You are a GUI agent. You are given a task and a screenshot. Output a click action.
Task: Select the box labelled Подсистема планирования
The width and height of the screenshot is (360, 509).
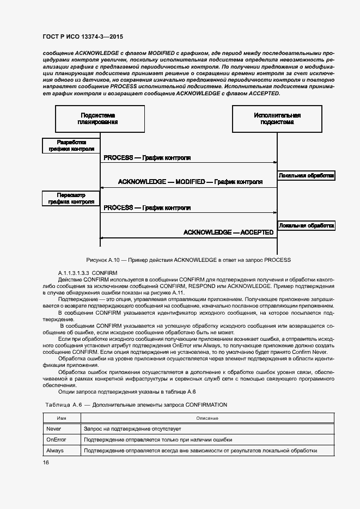click(x=100, y=119)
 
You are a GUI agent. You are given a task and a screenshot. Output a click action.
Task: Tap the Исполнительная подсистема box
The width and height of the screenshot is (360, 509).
click(x=277, y=119)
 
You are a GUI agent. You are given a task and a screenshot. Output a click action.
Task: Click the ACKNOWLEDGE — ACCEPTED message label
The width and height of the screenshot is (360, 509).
click(x=228, y=232)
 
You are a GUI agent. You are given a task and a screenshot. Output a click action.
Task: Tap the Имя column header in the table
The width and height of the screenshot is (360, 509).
click(x=62, y=418)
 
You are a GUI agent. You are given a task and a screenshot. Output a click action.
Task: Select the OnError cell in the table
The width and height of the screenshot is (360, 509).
click(x=57, y=440)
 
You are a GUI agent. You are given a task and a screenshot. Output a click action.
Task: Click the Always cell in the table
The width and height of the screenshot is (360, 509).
click(x=56, y=451)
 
